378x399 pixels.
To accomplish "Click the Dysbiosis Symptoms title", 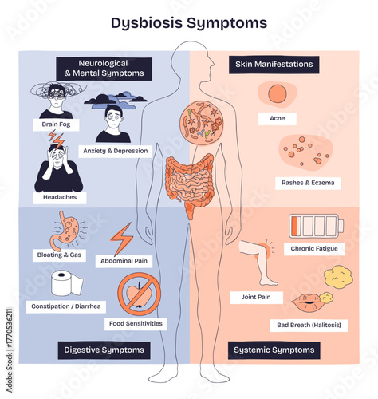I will point(189,23).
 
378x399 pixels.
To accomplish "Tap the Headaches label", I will point(54,196).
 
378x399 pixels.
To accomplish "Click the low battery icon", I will point(312,226).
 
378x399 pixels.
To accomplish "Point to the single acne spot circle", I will point(277,94).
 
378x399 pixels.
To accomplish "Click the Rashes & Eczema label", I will point(308,183).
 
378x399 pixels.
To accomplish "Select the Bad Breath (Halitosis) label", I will point(305,326).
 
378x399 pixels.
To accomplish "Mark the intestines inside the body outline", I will point(190,180).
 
